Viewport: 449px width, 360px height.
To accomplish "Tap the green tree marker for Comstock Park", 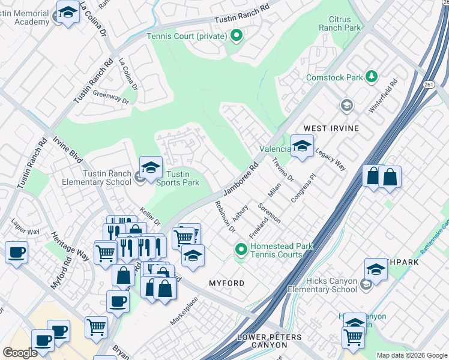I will click(372, 77).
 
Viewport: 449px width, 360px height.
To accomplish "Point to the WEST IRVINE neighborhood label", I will click(331, 128).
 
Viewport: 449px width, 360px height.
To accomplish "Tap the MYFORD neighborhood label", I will click(226, 283).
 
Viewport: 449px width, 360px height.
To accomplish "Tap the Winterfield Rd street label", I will click(384, 95).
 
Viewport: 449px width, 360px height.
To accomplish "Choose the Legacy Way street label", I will click(330, 161).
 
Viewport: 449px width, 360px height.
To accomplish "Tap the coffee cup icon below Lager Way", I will click(16, 252).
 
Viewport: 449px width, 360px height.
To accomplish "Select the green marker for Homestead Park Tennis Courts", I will click(241, 249).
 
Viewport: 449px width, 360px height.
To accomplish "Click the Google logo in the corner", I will click(20, 353).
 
